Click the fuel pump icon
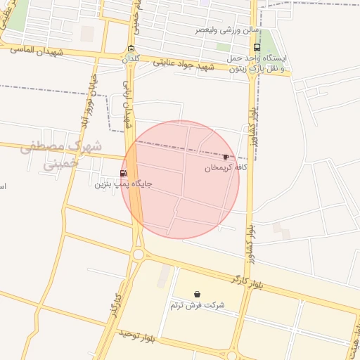(124, 173)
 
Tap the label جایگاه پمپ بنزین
(124, 184)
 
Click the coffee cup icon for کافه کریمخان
(226, 157)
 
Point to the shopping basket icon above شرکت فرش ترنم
(197, 294)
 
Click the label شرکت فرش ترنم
(197, 305)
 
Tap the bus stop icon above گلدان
(131, 49)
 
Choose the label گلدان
(131, 59)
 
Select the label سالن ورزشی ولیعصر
(225, 31)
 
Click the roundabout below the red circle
(138, 255)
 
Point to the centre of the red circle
(180, 180)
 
